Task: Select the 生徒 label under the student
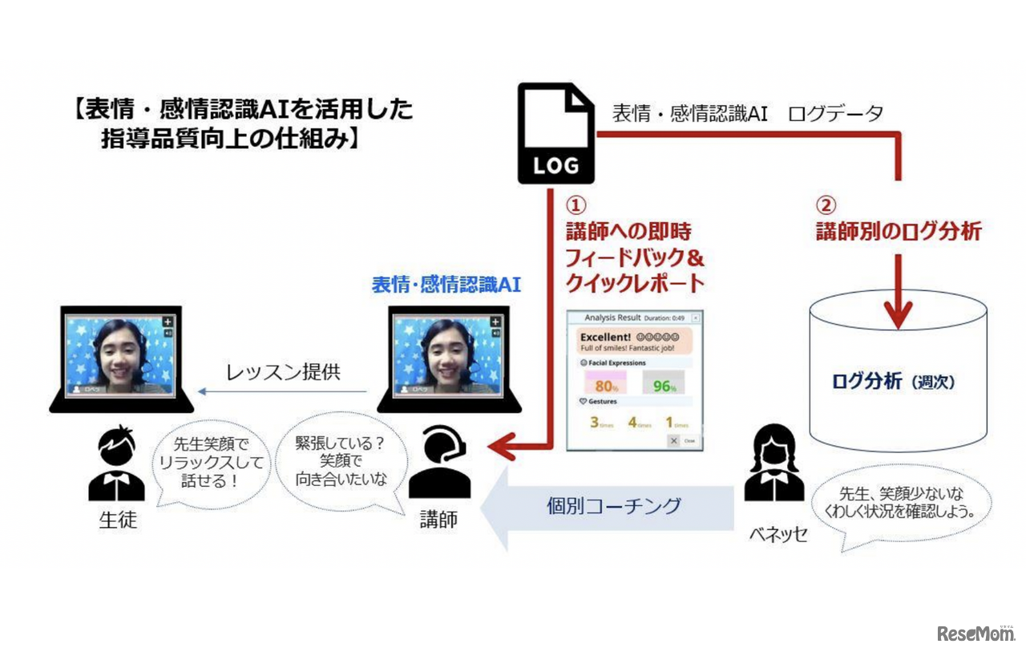click(x=118, y=520)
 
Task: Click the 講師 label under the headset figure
click(x=439, y=520)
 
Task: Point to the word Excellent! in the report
click(x=607, y=336)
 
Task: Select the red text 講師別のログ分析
click(x=898, y=232)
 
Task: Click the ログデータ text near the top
click(x=835, y=114)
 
